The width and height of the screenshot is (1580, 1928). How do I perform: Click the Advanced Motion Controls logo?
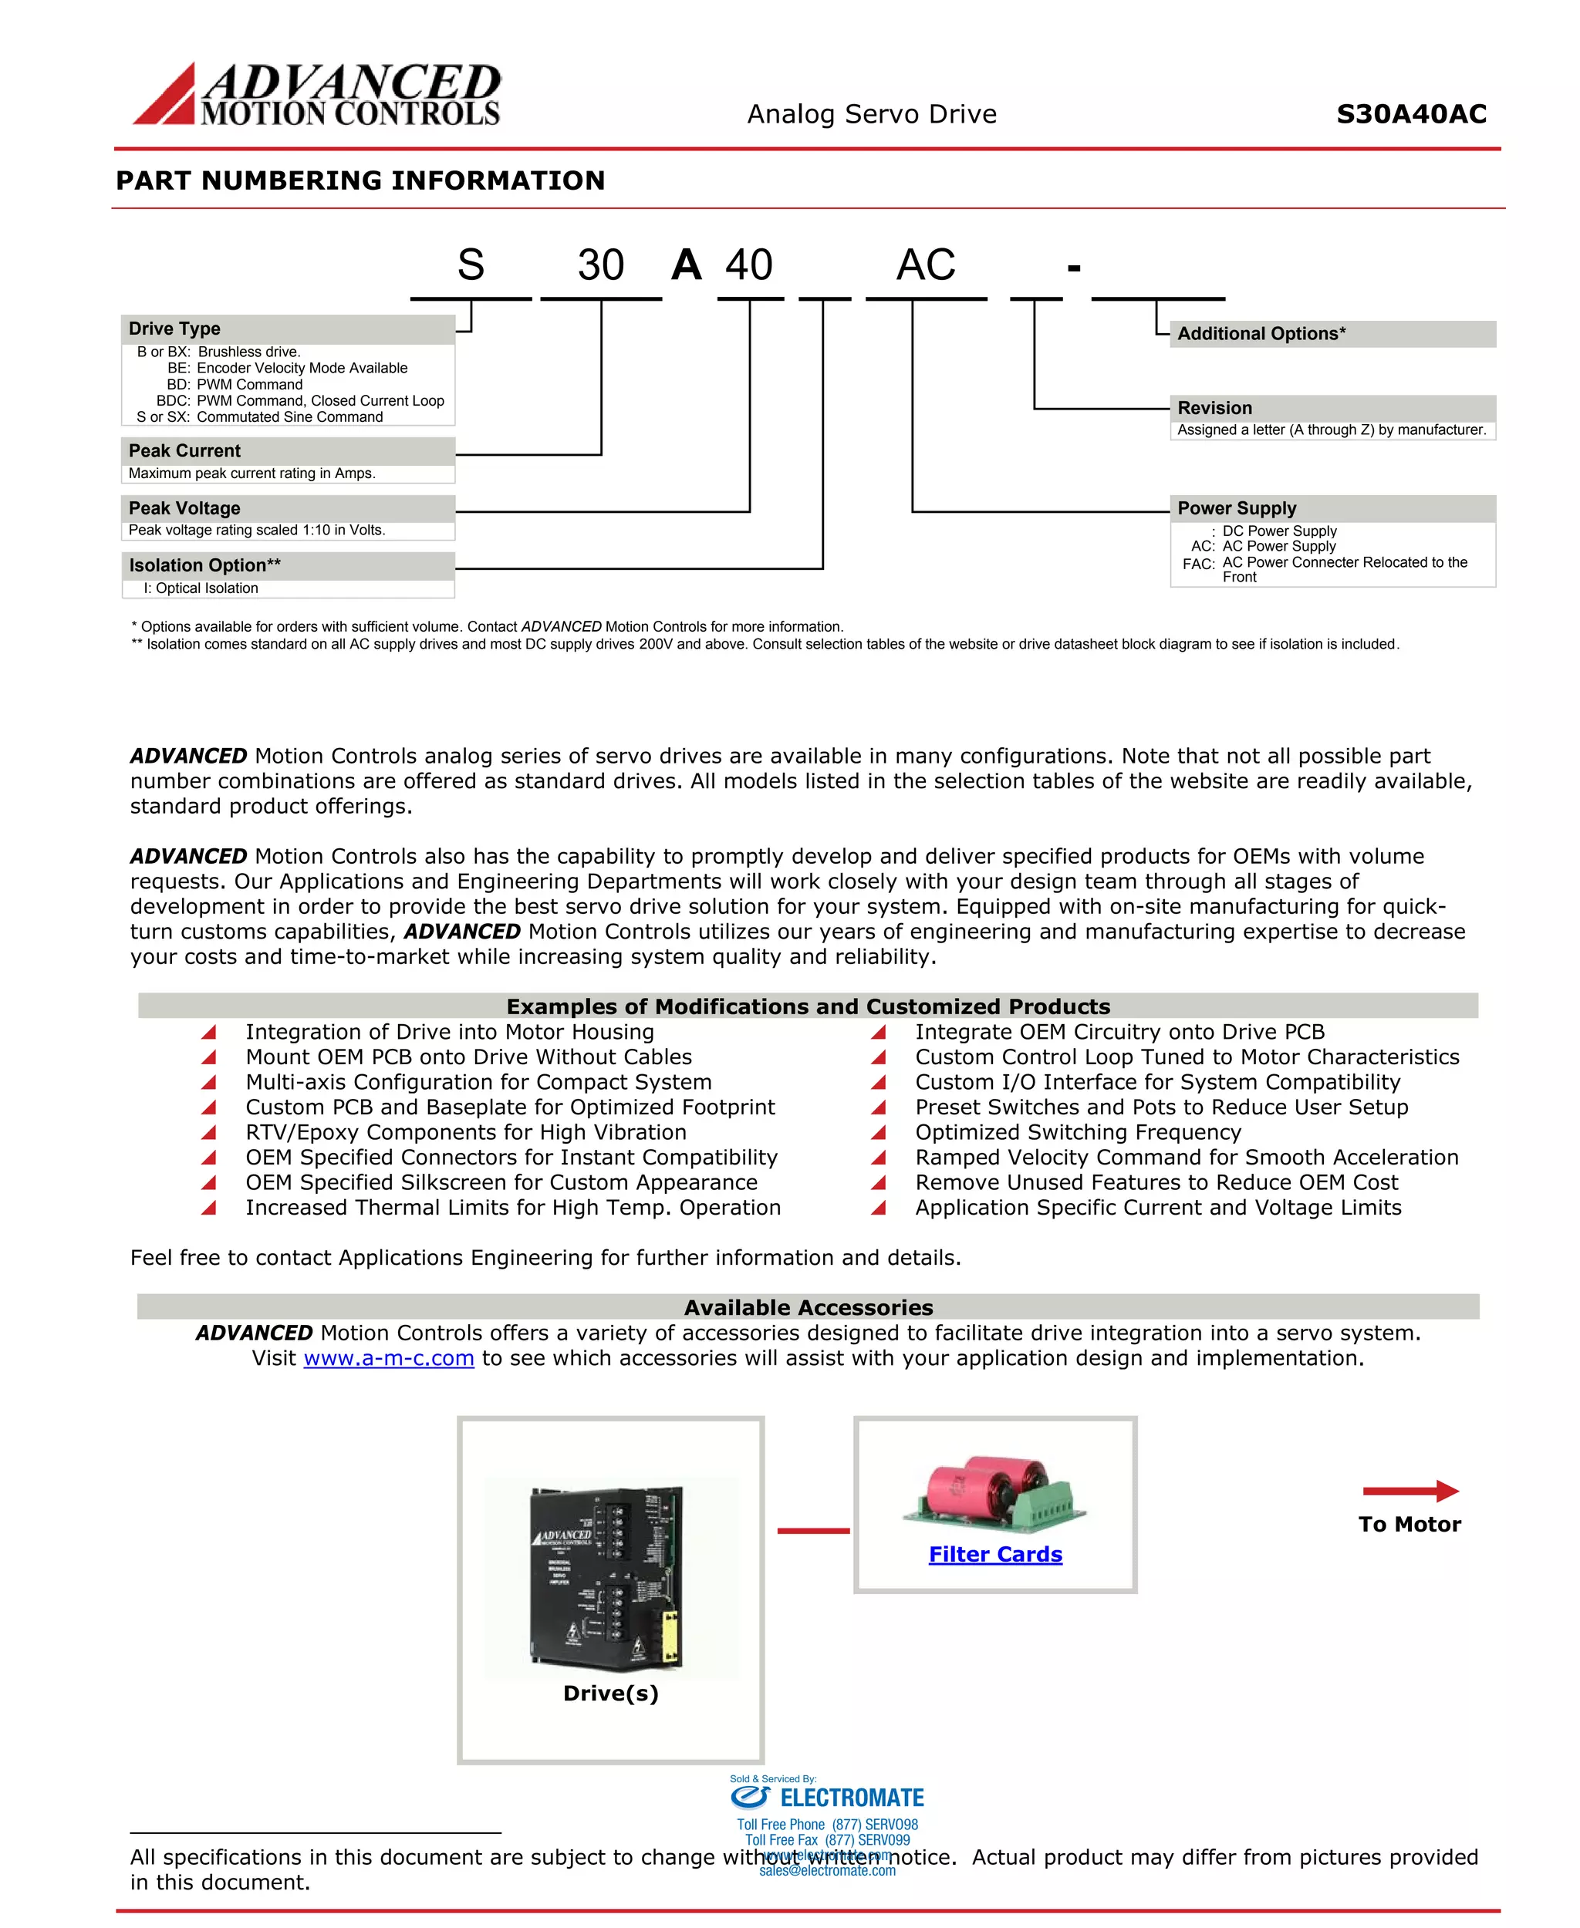click(317, 94)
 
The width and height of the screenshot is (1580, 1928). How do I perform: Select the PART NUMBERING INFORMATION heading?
click(360, 180)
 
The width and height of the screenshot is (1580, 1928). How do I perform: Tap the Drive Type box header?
click(175, 329)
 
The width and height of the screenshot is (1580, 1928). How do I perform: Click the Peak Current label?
click(184, 450)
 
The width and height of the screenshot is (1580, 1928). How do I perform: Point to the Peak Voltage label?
click(184, 507)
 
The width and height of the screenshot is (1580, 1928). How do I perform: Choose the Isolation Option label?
click(204, 565)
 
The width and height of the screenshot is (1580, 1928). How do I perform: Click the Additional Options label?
click(1261, 334)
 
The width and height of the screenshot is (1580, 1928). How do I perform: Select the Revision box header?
click(1215, 408)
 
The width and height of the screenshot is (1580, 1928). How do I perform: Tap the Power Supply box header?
click(1237, 507)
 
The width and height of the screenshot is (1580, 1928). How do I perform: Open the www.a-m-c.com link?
click(389, 1358)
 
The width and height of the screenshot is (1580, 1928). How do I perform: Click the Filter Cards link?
click(994, 1554)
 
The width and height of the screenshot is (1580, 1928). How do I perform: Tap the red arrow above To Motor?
click(1410, 1491)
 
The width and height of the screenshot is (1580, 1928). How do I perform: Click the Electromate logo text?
click(852, 1798)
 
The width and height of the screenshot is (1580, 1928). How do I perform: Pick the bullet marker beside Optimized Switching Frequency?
click(878, 1133)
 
